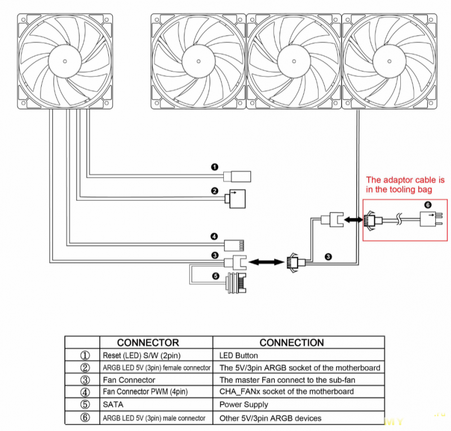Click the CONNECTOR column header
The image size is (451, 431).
click(x=148, y=342)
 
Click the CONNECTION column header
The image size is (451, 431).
click(x=291, y=342)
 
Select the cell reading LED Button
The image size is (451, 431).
click(x=238, y=355)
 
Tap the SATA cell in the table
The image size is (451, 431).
click(x=113, y=404)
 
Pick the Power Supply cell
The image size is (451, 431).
click(x=244, y=404)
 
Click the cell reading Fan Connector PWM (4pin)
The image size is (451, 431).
click(x=145, y=392)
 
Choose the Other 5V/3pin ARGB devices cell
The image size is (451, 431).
click(x=271, y=418)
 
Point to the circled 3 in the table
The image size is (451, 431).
click(x=85, y=380)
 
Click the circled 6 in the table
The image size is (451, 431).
click(x=85, y=417)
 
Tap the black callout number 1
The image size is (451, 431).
click(x=215, y=167)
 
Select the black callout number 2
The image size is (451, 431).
click(x=215, y=191)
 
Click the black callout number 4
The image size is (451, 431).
click(x=214, y=236)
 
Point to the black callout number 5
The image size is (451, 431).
click(x=216, y=276)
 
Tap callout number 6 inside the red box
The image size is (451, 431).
click(x=428, y=205)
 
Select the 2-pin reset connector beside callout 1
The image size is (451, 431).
click(x=237, y=177)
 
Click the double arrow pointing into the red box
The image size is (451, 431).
click(x=353, y=220)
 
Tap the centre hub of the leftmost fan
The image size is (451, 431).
click(x=65, y=61)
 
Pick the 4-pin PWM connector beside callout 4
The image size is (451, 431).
click(x=234, y=245)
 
